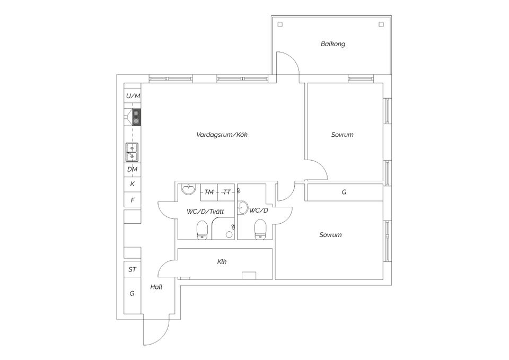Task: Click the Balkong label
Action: (333, 44)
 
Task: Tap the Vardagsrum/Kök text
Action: (222, 135)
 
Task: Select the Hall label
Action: (156, 287)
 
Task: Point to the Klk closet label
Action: (222, 261)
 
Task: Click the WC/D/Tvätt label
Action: (205, 211)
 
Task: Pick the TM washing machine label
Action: (209, 192)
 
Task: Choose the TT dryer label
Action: (226, 192)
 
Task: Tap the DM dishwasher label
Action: (133, 169)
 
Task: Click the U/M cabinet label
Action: (133, 96)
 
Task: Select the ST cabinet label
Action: (132, 269)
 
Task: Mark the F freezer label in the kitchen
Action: (133, 200)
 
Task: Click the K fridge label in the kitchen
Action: (133, 184)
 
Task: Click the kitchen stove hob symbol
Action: (136, 117)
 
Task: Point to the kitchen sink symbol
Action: (132, 152)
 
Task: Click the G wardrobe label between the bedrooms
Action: (344, 192)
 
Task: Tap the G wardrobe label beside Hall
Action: (132, 293)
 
